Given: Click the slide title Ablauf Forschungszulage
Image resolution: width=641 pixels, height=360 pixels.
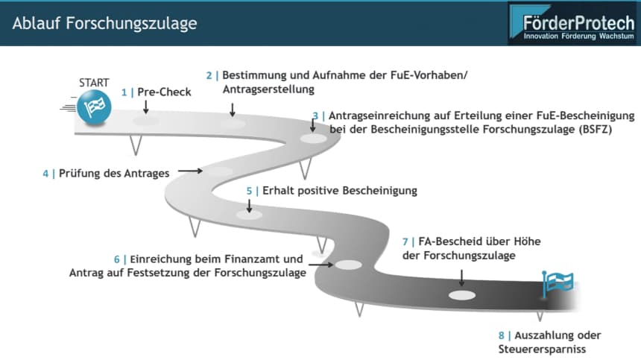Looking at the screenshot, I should click(104, 23).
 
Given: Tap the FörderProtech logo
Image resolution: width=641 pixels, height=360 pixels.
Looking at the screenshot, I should click(572, 22).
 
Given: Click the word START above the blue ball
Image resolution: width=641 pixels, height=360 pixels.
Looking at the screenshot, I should click(94, 82).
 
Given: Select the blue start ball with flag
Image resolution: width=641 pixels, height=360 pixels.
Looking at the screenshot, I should click(94, 109).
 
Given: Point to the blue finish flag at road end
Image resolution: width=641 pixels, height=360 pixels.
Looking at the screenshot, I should click(558, 282).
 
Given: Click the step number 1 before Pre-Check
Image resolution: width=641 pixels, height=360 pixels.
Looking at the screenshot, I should click(124, 92).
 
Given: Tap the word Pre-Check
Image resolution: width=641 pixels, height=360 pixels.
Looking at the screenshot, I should click(164, 92).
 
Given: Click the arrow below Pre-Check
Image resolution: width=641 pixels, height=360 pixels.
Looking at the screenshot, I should click(145, 107).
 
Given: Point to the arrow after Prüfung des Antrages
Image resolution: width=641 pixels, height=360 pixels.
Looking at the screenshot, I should click(190, 171).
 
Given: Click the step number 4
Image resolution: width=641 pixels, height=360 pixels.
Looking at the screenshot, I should click(45, 174).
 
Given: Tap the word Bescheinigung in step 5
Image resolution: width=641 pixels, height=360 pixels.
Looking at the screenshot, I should click(377, 191).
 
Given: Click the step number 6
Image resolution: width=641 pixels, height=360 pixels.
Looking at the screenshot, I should click(117, 259).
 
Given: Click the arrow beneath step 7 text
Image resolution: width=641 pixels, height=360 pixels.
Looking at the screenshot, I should click(461, 277).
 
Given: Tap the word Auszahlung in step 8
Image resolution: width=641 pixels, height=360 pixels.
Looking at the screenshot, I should click(540, 335).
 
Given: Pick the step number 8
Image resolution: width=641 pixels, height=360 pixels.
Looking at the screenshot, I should click(500, 335).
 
